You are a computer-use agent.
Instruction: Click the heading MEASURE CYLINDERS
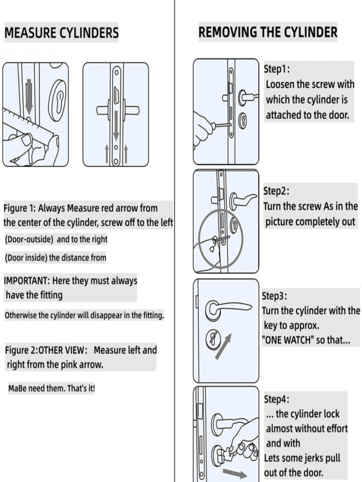(61, 33)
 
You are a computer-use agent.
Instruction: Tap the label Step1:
(276, 69)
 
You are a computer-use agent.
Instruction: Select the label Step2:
(276, 191)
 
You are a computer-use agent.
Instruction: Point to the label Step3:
(274, 296)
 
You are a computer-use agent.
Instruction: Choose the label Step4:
(276, 399)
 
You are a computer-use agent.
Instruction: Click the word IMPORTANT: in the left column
(26, 281)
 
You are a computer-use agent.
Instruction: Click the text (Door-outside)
(29, 240)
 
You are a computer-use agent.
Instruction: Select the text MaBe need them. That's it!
(52, 388)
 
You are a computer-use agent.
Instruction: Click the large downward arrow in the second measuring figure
(116, 126)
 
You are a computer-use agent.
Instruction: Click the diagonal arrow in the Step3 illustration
(224, 346)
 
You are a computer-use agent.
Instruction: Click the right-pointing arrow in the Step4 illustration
(234, 474)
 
